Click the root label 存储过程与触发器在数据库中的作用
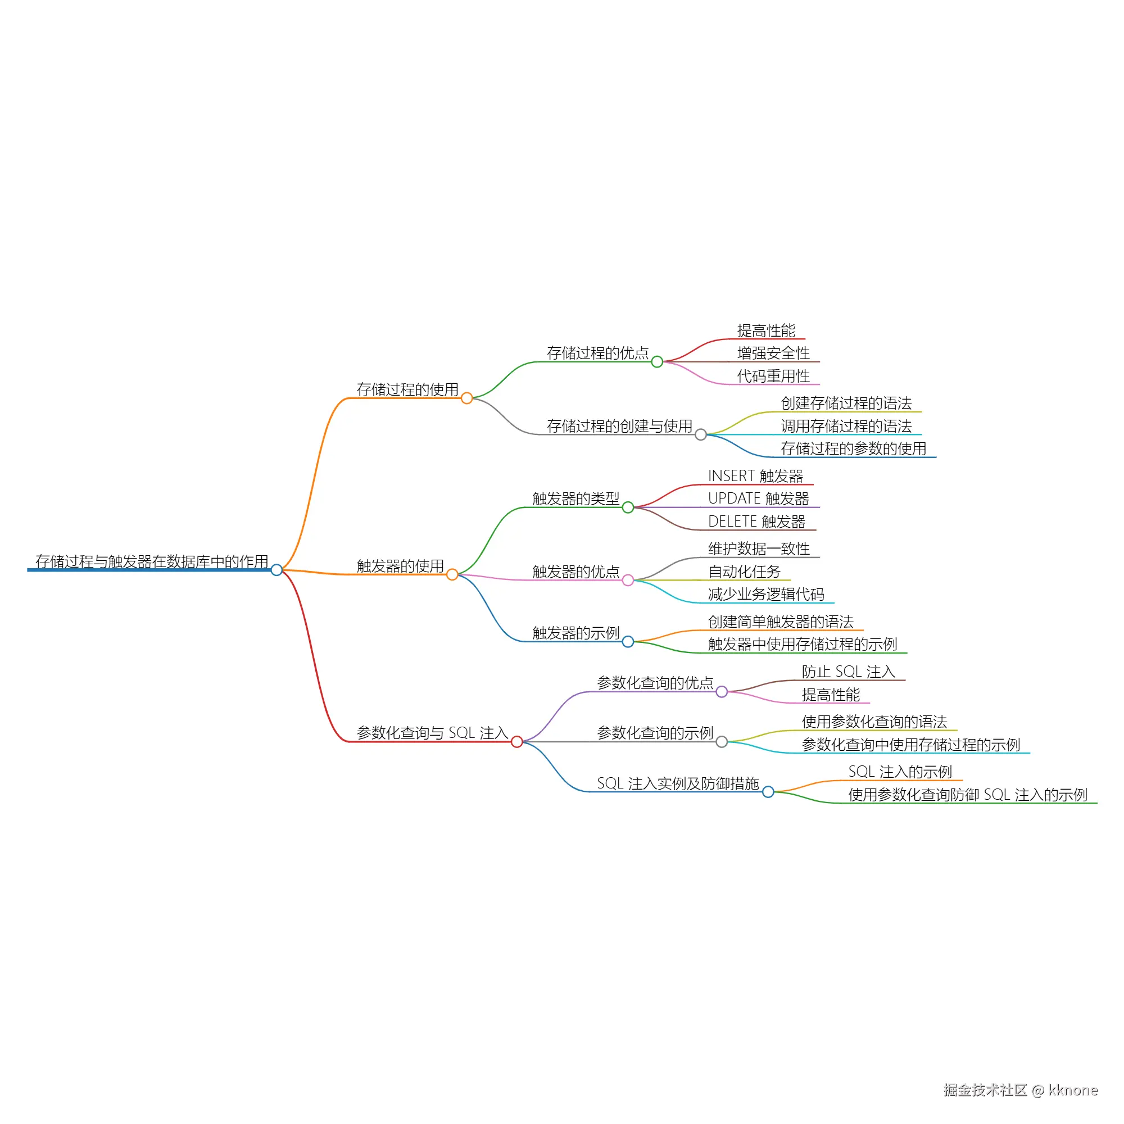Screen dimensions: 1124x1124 coord(151,561)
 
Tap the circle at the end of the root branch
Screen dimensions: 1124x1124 coord(277,570)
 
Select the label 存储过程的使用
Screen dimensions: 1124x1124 coord(407,390)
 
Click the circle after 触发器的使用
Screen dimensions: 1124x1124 coord(452,575)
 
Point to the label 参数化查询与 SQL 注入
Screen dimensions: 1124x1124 coord(432,733)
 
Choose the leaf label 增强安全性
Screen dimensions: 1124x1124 coord(773,353)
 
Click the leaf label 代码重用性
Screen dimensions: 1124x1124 coord(773,377)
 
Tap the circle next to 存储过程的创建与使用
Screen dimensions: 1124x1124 coord(701,434)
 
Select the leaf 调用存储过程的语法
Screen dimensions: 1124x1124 coord(846,427)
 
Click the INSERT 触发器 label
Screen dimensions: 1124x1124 coord(755,476)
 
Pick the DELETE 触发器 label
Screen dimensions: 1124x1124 coord(756,522)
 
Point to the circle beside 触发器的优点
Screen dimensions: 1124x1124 coord(628,581)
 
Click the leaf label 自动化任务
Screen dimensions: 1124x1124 coord(744,572)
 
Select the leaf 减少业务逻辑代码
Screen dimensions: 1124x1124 coord(766,595)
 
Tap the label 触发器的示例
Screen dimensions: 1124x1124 coord(576,633)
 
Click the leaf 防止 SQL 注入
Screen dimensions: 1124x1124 coord(848,672)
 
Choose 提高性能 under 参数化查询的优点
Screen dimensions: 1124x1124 coord(831,695)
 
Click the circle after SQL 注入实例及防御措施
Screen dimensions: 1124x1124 coord(768,792)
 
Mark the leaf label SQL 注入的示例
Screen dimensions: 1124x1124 coord(900,772)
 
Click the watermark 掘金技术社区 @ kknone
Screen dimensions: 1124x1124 coord(1021,1090)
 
